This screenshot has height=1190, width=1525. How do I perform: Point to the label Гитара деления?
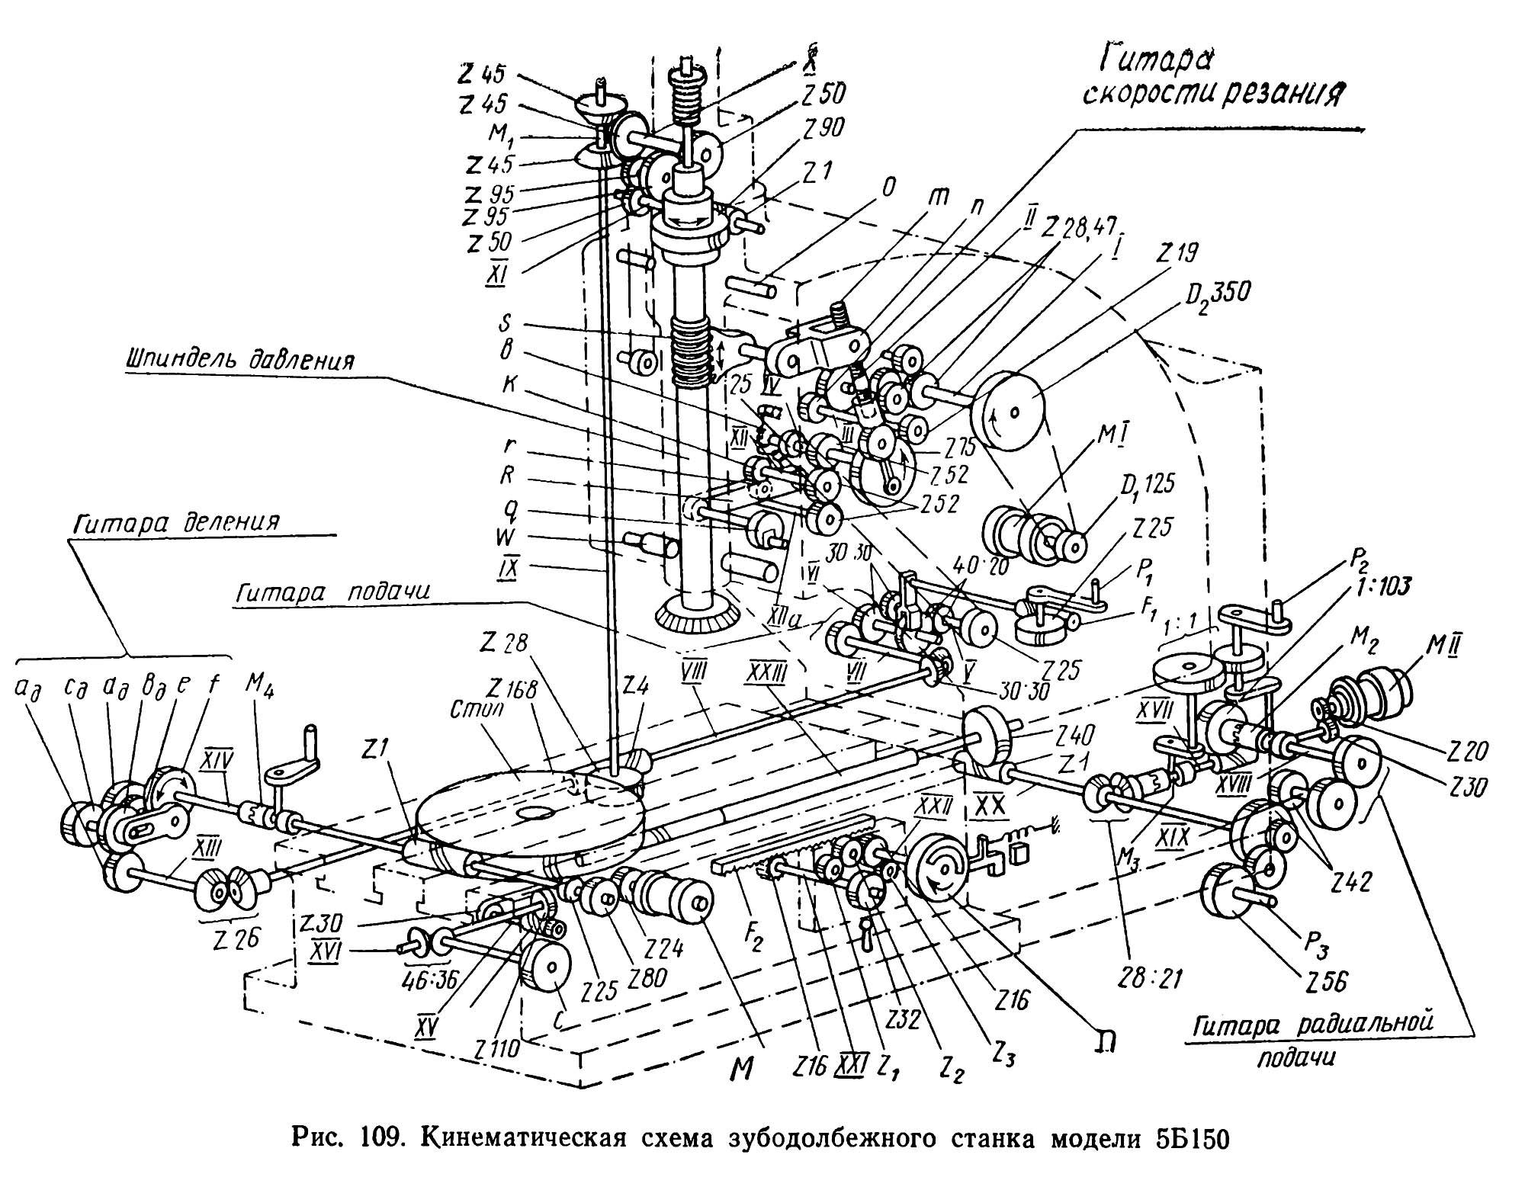(x=178, y=524)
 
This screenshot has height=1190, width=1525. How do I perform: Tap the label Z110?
(x=496, y=1049)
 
